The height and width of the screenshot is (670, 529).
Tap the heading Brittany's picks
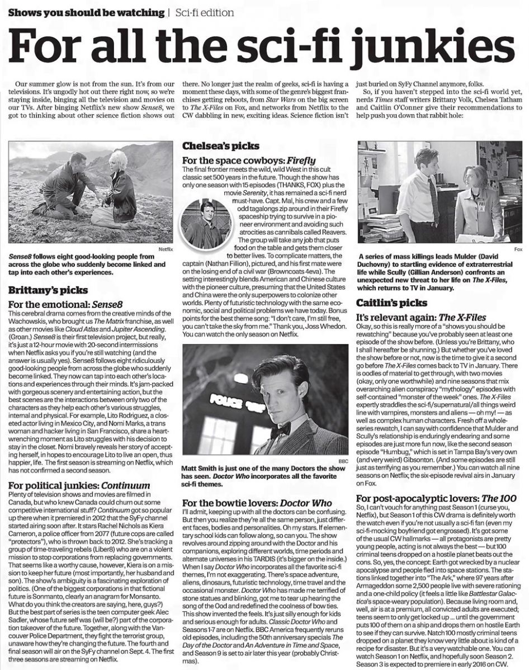pyautogui.click(x=48, y=290)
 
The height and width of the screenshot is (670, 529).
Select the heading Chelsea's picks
pyautogui.click(x=221, y=146)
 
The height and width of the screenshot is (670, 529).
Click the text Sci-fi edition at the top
pyautogui.click(x=204, y=12)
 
